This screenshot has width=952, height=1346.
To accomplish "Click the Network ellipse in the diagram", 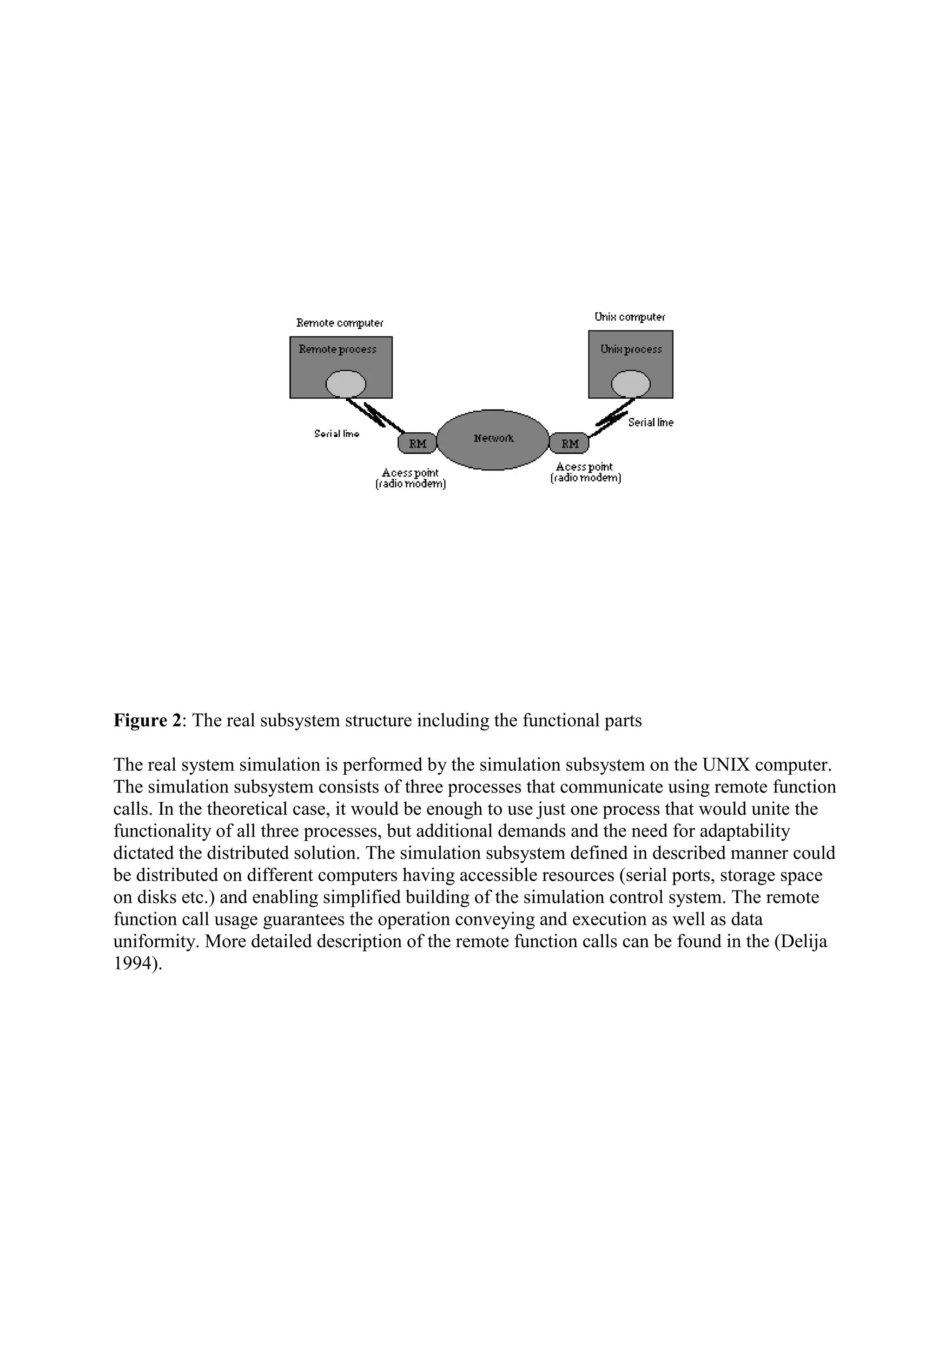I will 493,439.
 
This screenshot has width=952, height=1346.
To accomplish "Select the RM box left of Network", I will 417,443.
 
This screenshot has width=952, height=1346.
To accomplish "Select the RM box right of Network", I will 569,443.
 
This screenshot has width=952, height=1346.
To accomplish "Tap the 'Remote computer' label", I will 340,323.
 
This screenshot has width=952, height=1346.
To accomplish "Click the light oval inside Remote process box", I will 346,384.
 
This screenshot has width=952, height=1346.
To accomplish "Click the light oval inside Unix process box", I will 631,384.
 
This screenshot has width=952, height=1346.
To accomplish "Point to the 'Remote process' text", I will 337,350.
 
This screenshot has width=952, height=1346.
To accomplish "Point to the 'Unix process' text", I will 631,350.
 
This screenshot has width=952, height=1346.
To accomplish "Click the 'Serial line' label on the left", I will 337,434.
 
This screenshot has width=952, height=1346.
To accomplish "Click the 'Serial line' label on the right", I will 651,422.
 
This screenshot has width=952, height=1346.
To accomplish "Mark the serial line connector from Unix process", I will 613,417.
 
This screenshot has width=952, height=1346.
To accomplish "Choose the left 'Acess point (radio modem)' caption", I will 410,478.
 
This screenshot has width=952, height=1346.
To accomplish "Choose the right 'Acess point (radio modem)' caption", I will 585,473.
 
